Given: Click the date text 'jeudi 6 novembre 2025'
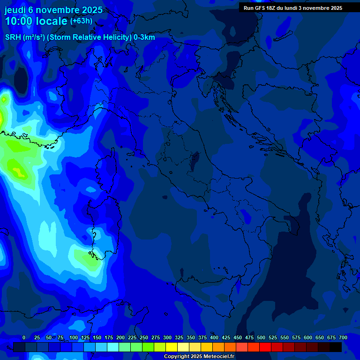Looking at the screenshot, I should [x=53, y=10].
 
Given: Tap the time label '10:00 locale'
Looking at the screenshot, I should [x=36, y=21].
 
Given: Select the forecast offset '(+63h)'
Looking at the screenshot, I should [x=81, y=21].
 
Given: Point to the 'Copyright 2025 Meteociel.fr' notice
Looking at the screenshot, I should [x=199, y=357].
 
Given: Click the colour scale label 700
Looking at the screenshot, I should [x=343, y=338].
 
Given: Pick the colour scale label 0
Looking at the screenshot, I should [x=24, y=338].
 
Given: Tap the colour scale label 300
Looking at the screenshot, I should [x=167, y=338].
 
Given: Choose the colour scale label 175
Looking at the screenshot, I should [x=109, y=338].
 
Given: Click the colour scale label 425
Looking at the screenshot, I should [x=226, y=338].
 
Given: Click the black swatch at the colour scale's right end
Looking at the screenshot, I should [x=336, y=347].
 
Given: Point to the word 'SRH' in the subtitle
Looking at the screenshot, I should [x=13, y=37].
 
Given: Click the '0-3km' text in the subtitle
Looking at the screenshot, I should [x=144, y=37].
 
